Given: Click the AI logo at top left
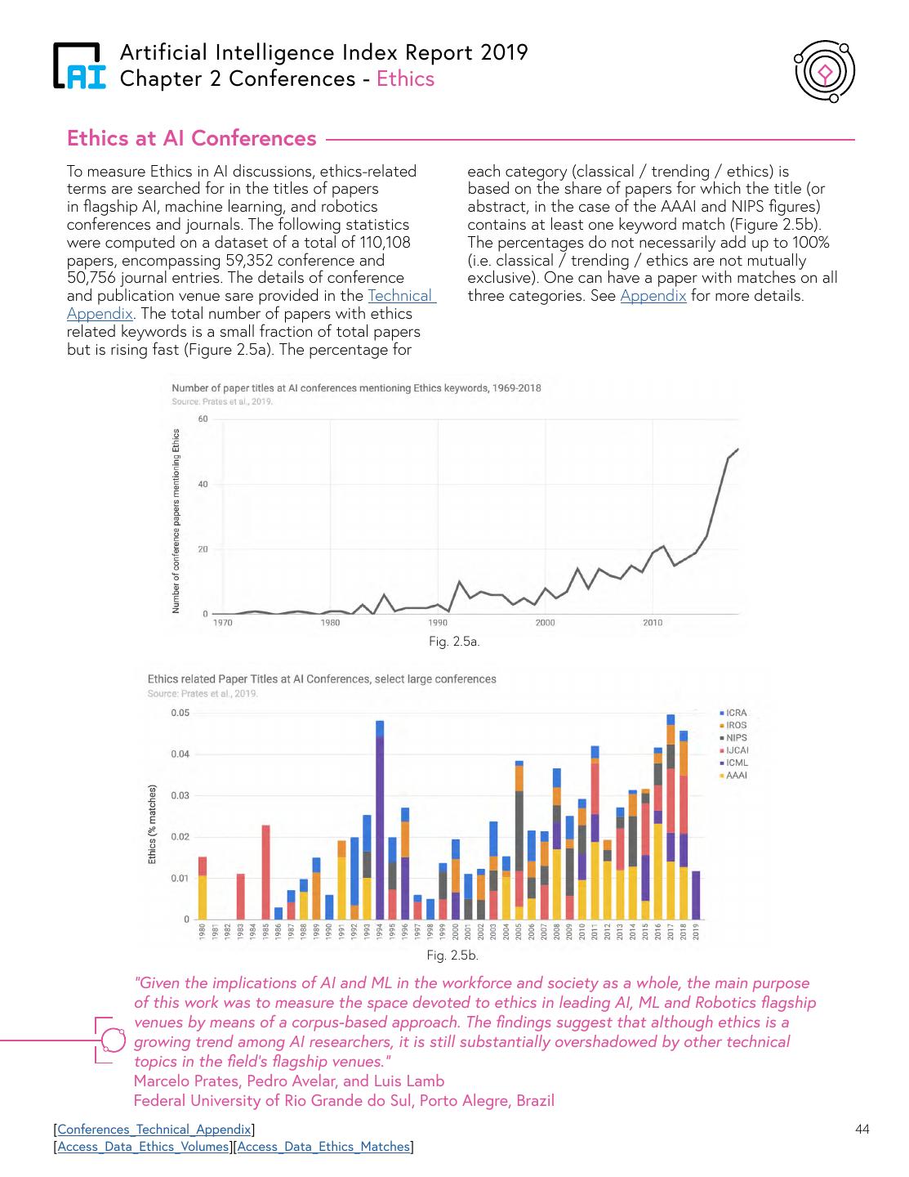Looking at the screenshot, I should tap(79, 65).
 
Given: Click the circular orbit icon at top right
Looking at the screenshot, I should tap(825, 73).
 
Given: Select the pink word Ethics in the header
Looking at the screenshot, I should tap(405, 78).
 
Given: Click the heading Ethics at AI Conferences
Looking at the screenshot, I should tap(192, 138).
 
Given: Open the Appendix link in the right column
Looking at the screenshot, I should tap(653, 296).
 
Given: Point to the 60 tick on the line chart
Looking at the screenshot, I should tap(203, 419).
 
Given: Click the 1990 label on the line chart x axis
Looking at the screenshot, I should tap(438, 623).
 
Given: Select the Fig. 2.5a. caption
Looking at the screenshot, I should tap(454, 642).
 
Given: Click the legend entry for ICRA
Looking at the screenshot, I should tap(735, 713).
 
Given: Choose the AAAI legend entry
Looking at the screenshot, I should tap(735, 775).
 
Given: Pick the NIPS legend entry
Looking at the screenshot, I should tap(735, 737).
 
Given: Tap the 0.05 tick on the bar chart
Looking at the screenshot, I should tap(180, 713).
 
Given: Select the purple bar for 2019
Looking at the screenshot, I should tap(696, 895).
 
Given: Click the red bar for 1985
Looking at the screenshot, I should tap(265, 872).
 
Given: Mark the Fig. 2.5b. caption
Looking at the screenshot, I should tap(452, 955).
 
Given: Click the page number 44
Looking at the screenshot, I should tap(862, 1130).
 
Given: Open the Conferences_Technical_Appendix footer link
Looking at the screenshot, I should tap(154, 1130).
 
